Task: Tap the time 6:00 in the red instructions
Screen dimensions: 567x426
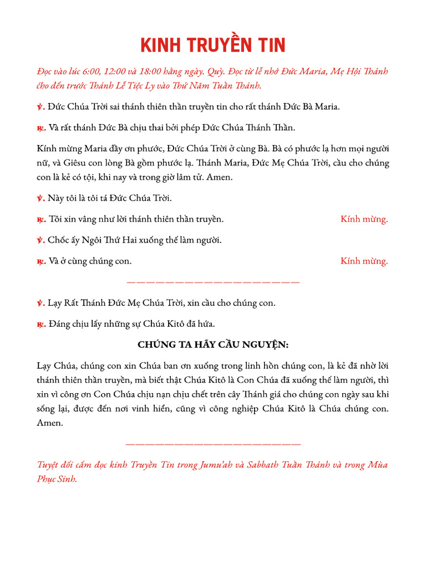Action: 93,72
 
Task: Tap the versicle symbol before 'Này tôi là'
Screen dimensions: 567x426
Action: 40,198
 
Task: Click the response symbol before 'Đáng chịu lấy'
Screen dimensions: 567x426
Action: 41,324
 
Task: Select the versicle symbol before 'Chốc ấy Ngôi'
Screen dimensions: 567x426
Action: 40,240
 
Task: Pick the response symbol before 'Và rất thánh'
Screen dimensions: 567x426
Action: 41,128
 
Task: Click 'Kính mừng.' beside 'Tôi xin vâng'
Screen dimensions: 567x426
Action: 364,219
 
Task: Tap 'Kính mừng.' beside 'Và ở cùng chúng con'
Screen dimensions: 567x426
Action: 364,261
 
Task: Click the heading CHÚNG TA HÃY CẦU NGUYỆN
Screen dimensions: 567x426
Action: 213,345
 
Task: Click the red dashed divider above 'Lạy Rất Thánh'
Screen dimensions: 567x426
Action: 213,282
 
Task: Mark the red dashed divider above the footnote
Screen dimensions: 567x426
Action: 213,444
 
